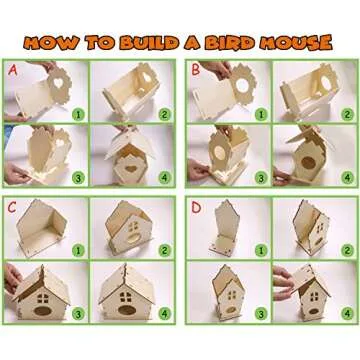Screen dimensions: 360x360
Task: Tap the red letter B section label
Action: coord(196,71)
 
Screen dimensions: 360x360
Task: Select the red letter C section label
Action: coord(13,208)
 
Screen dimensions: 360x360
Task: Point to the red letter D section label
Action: coord(196,208)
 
